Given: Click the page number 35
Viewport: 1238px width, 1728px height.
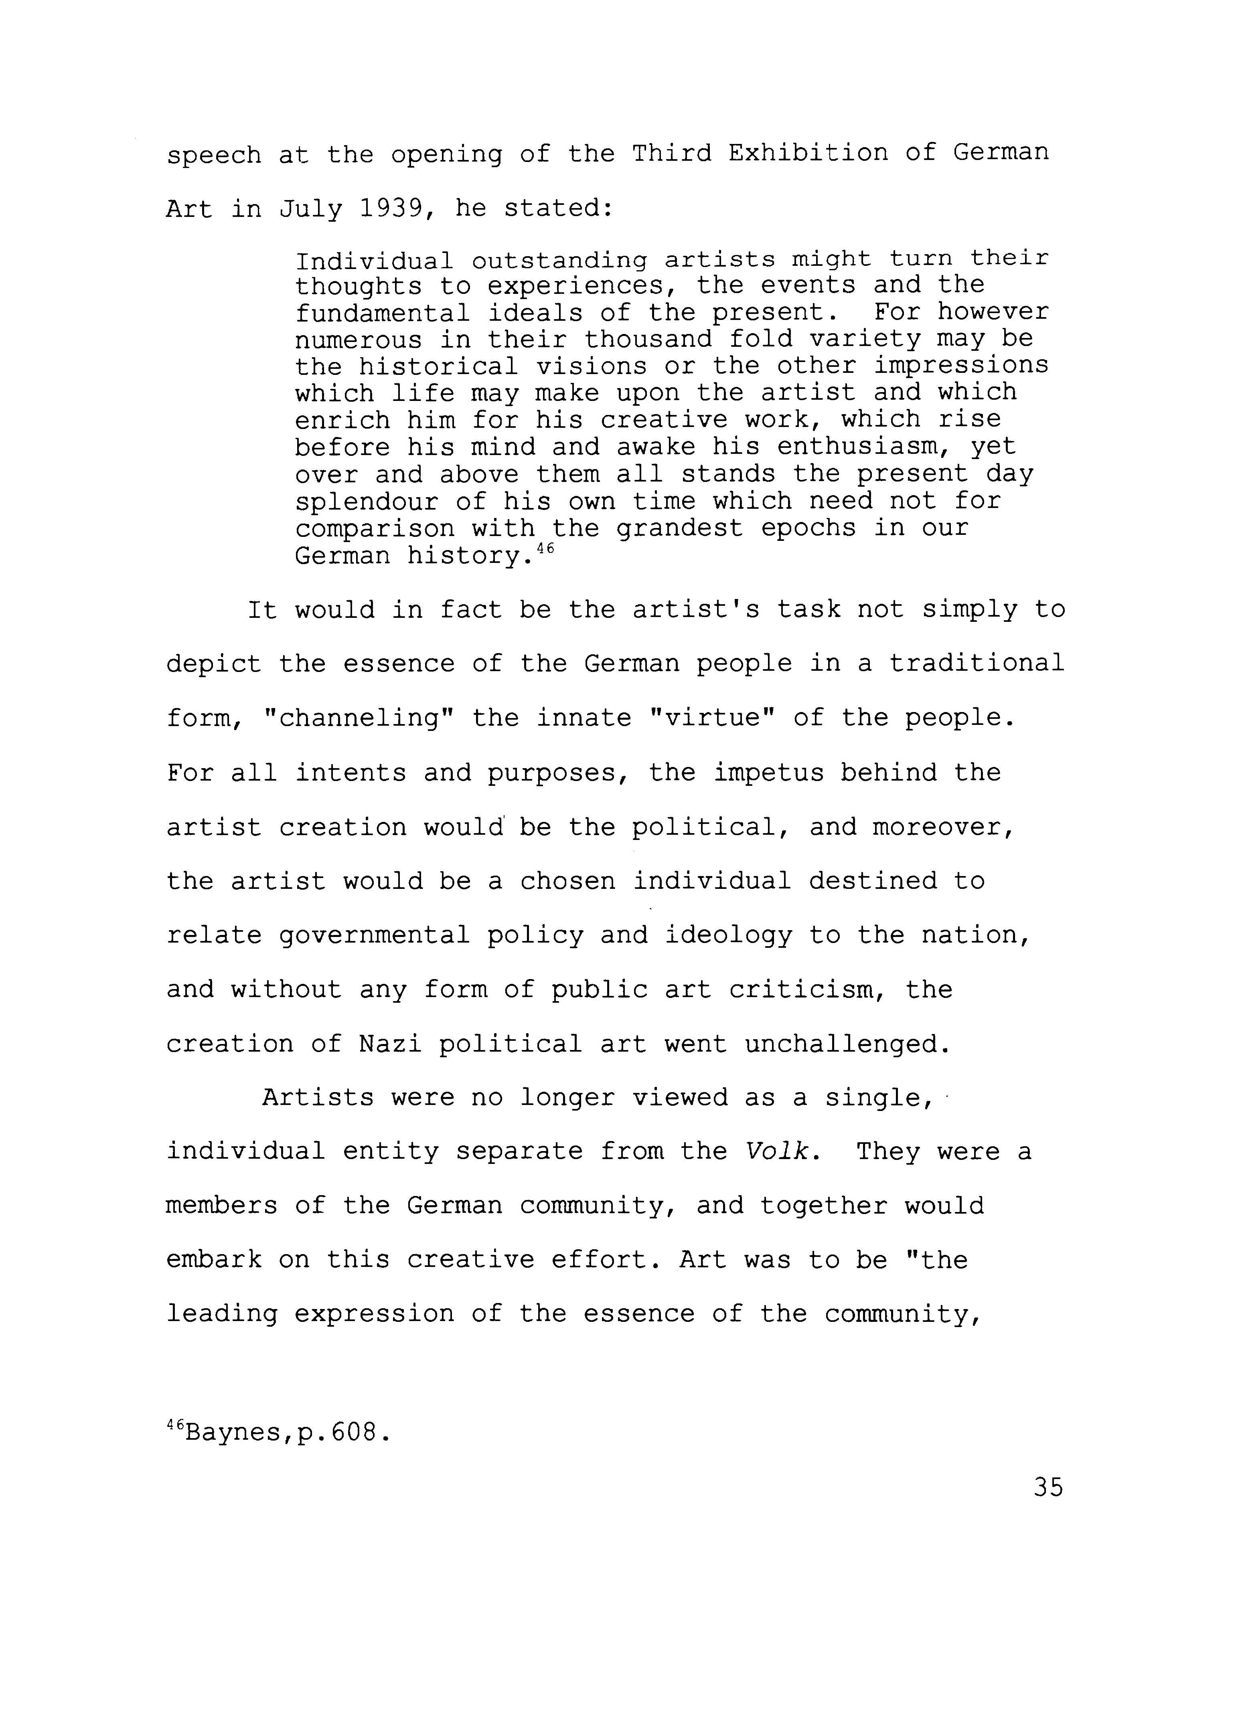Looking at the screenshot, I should (1048, 1487).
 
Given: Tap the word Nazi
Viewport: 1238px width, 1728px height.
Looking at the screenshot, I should (390, 1043).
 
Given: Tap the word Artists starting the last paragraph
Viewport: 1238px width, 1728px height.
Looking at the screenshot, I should (318, 1098).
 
